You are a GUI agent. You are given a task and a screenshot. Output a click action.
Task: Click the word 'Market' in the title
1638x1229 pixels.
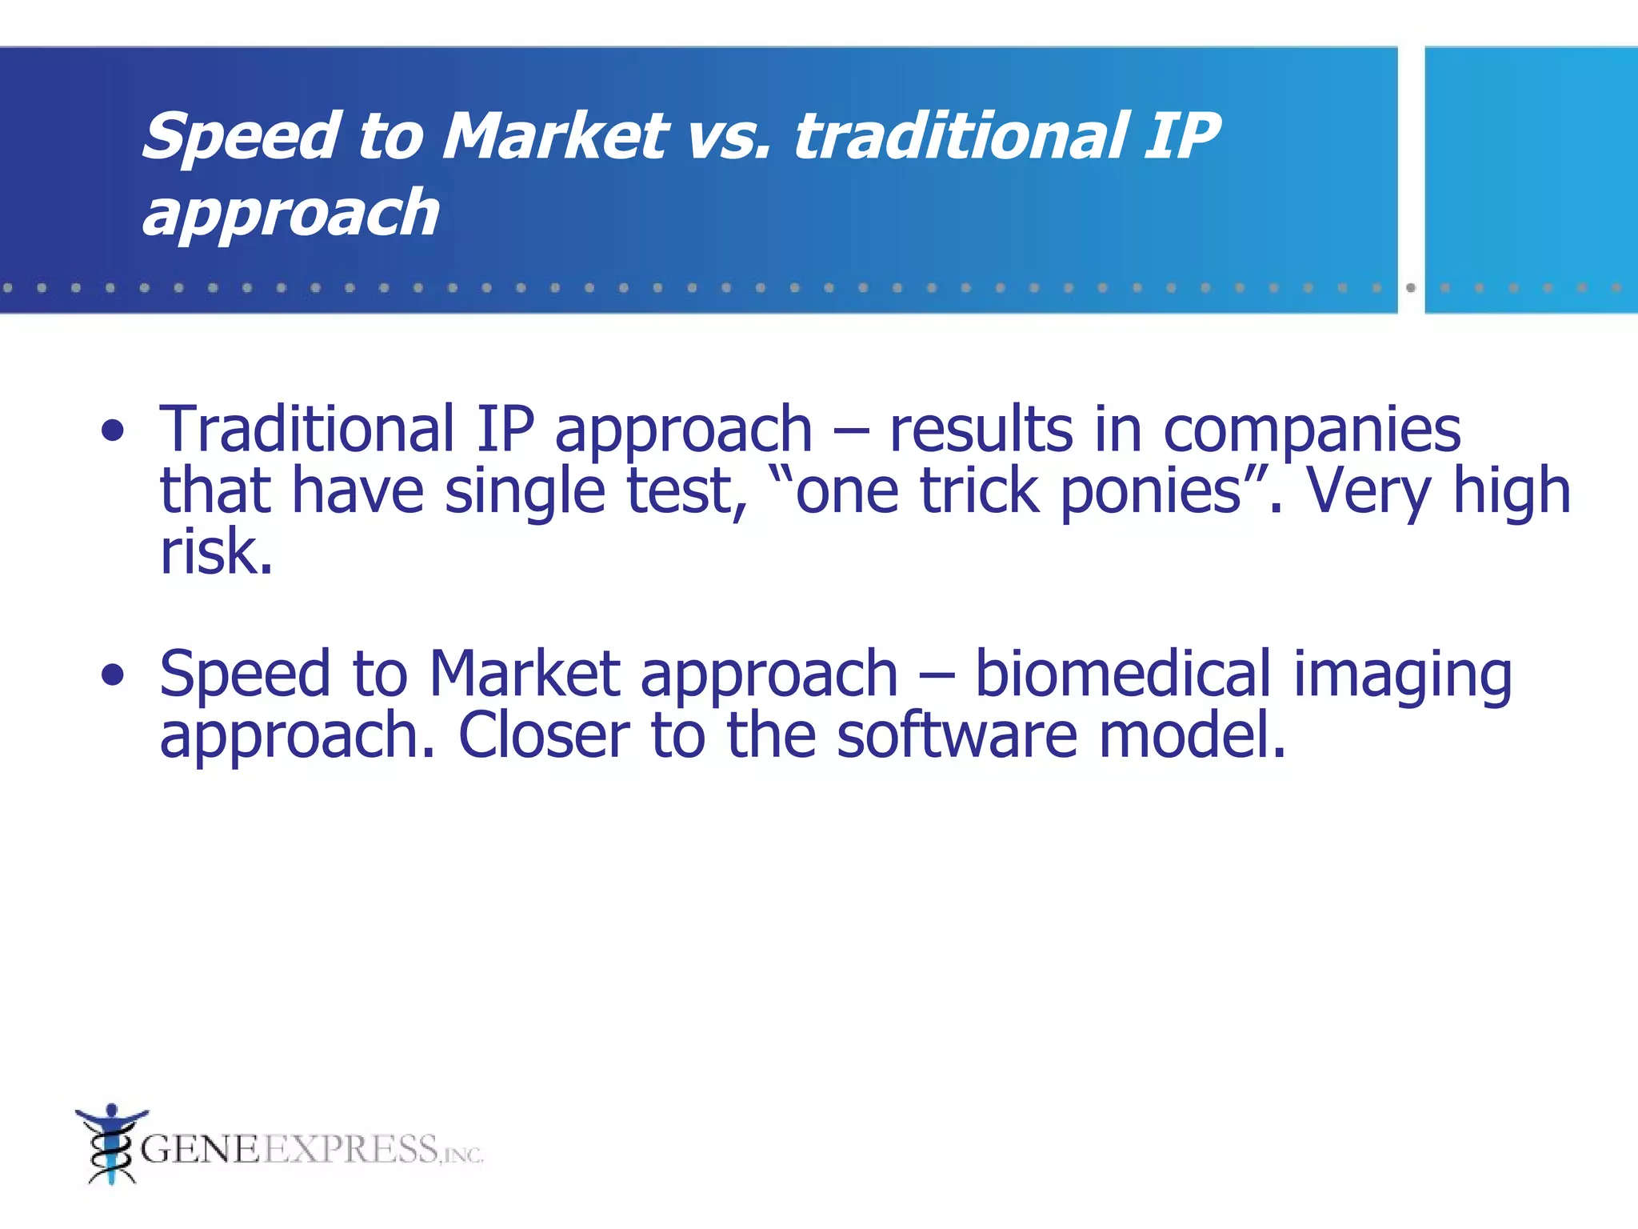(x=554, y=136)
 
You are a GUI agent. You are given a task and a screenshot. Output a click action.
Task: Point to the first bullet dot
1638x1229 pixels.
(x=113, y=431)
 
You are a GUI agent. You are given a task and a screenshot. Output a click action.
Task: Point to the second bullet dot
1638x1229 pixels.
(x=113, y=675)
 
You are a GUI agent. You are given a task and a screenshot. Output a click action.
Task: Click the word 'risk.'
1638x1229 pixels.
(x=216, y=552)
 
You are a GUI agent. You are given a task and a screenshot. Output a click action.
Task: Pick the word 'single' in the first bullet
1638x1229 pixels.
(x=525, y=492)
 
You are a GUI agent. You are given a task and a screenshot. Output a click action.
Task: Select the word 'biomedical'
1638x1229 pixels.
(x=1122, y=674)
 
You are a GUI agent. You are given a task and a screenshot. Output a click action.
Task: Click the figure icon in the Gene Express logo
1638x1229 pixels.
(x=110, y=1144)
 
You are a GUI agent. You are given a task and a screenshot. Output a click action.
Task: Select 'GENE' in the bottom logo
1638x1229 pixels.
(x=200, y=1150)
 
